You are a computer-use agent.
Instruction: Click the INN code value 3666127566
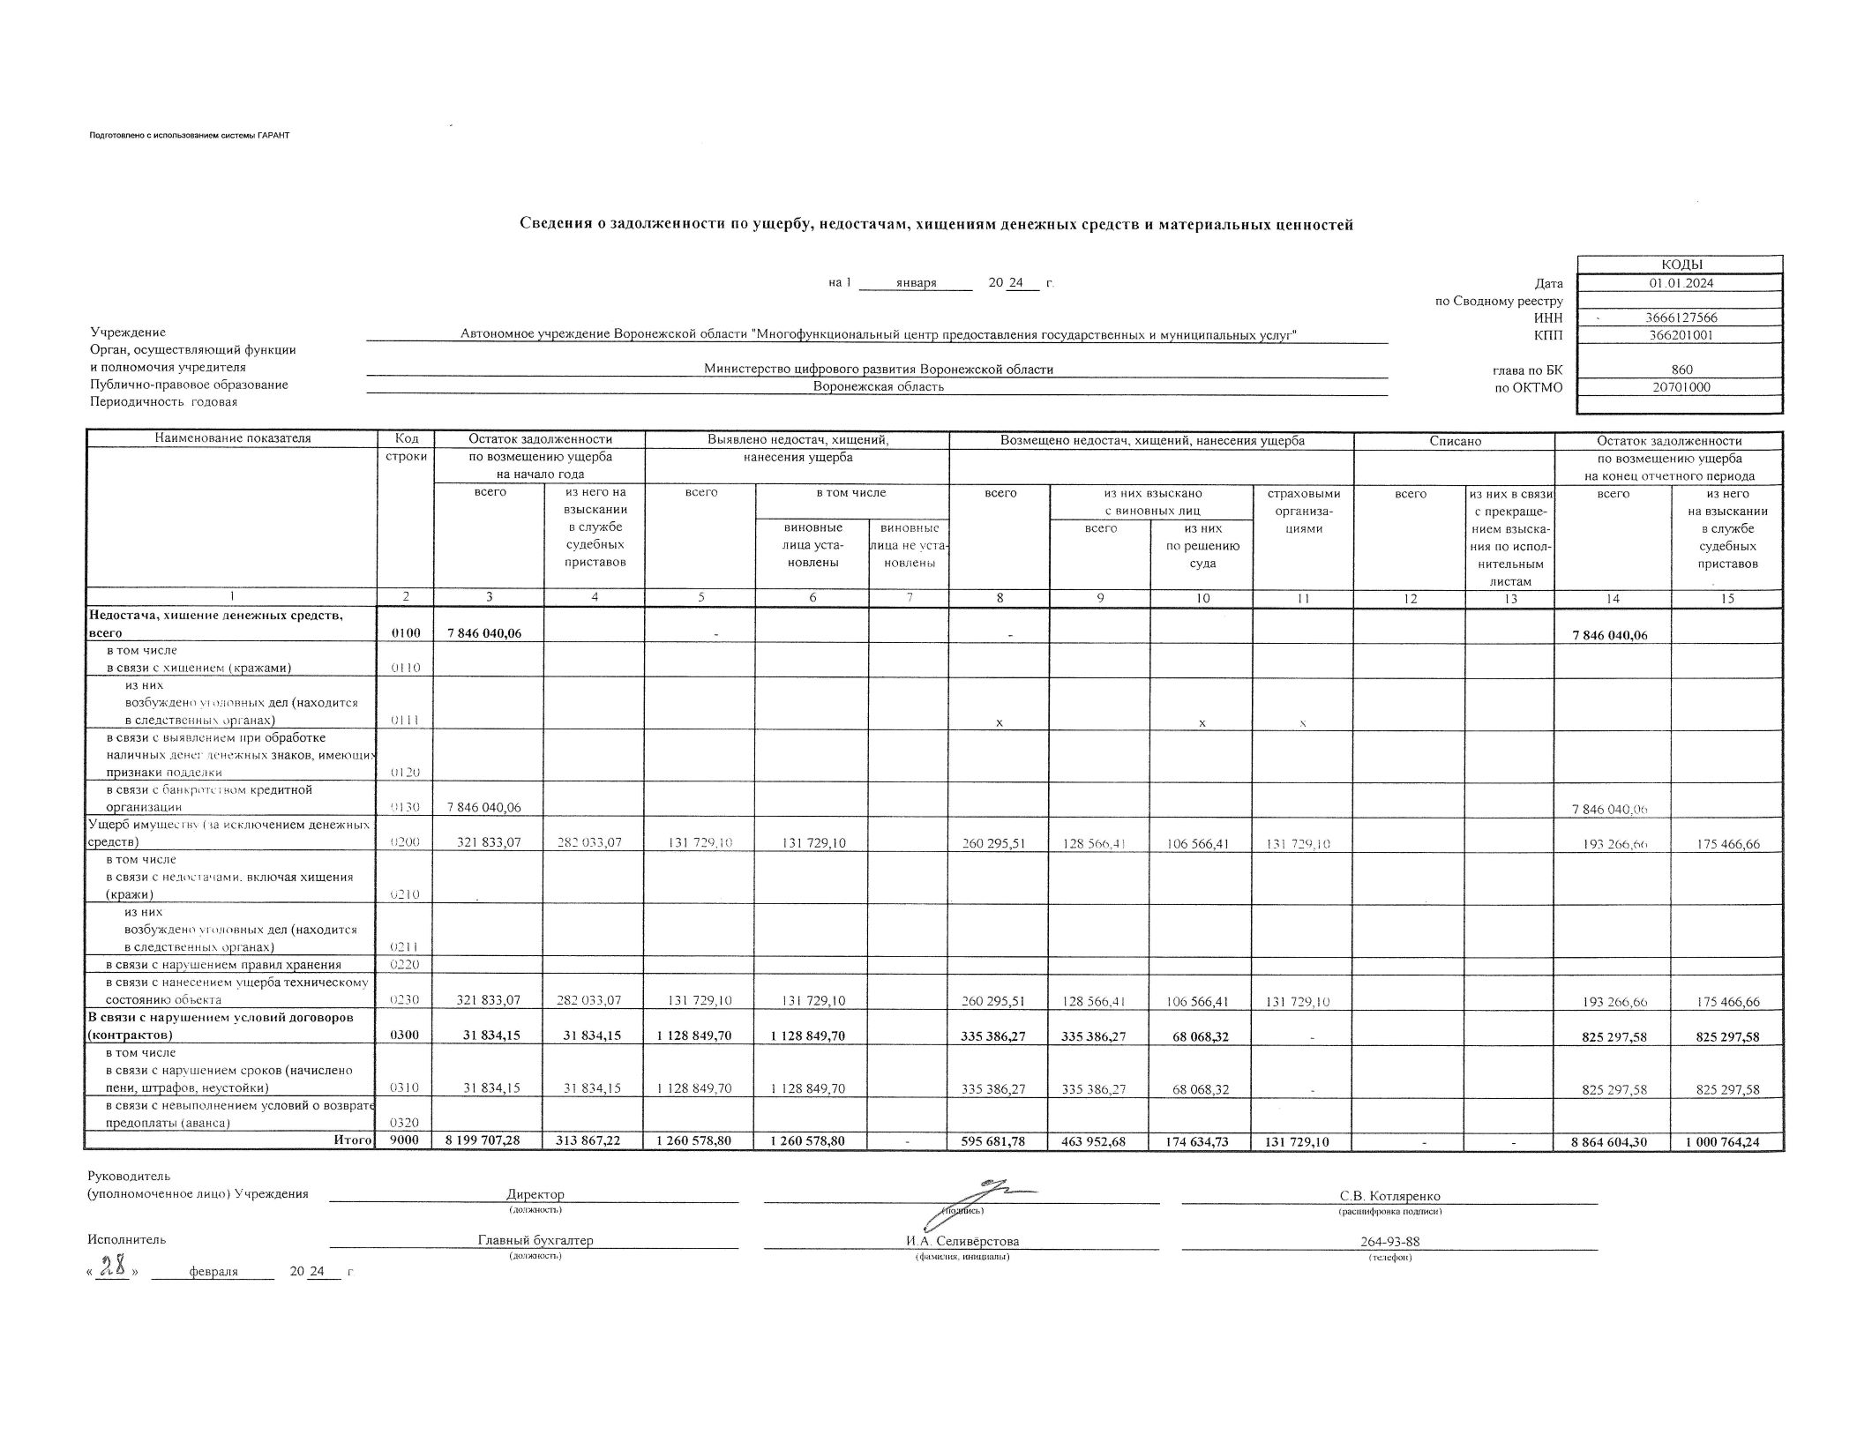coord(1681,318)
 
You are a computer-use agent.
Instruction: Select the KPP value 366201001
coord(1681,335)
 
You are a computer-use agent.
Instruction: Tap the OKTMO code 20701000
coord(1681,386)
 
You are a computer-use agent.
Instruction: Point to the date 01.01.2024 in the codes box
coord(1681,283)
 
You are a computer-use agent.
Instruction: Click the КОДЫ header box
coord(1680,265)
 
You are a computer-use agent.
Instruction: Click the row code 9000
coord(406,1140)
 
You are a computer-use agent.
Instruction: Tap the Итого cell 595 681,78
coord(999,1141)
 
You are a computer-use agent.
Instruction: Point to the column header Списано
coord(1455,440)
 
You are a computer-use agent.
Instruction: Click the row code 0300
coord(406,1035)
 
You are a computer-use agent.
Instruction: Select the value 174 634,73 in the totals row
coord(1202,1141)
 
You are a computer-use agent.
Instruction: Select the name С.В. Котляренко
coord(1389,1196)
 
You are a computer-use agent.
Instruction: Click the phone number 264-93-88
coord(1389,1242)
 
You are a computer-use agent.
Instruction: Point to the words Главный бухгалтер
coord(535,1240)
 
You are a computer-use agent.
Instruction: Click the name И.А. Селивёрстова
coord(962,1241)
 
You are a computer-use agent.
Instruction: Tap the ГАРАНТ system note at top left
coord(189,135)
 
